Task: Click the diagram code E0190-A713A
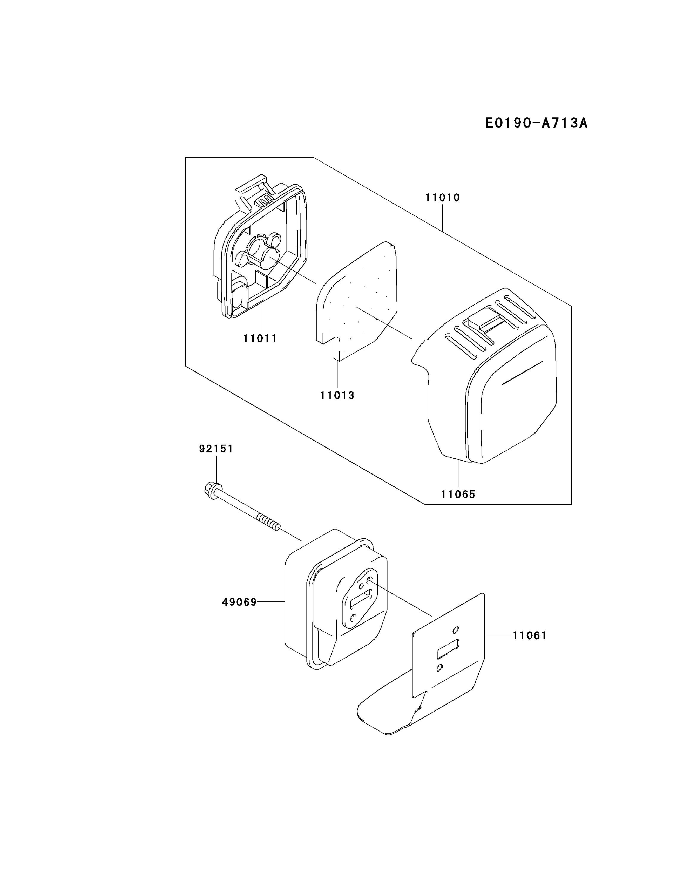tap(536, 123)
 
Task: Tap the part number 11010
tap(442, 198)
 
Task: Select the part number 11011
tap(260, 339)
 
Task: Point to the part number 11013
tap(337, 395)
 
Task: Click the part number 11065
tap(458, 494)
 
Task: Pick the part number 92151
tap(216, 448)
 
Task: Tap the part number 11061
tap(529, 635)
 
